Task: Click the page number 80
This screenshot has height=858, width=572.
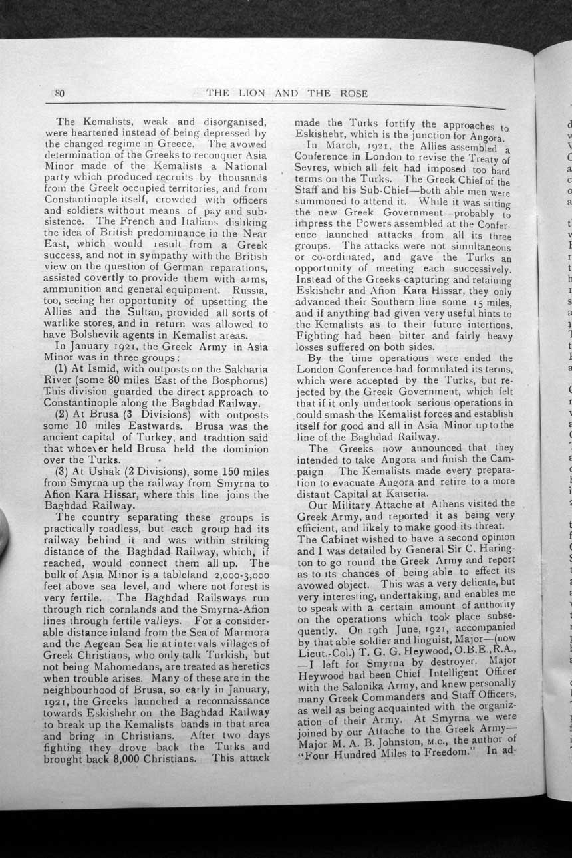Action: click(58, 93)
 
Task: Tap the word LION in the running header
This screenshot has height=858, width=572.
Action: click(251, 93)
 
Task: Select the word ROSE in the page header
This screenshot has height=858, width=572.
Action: click(353, 93)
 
